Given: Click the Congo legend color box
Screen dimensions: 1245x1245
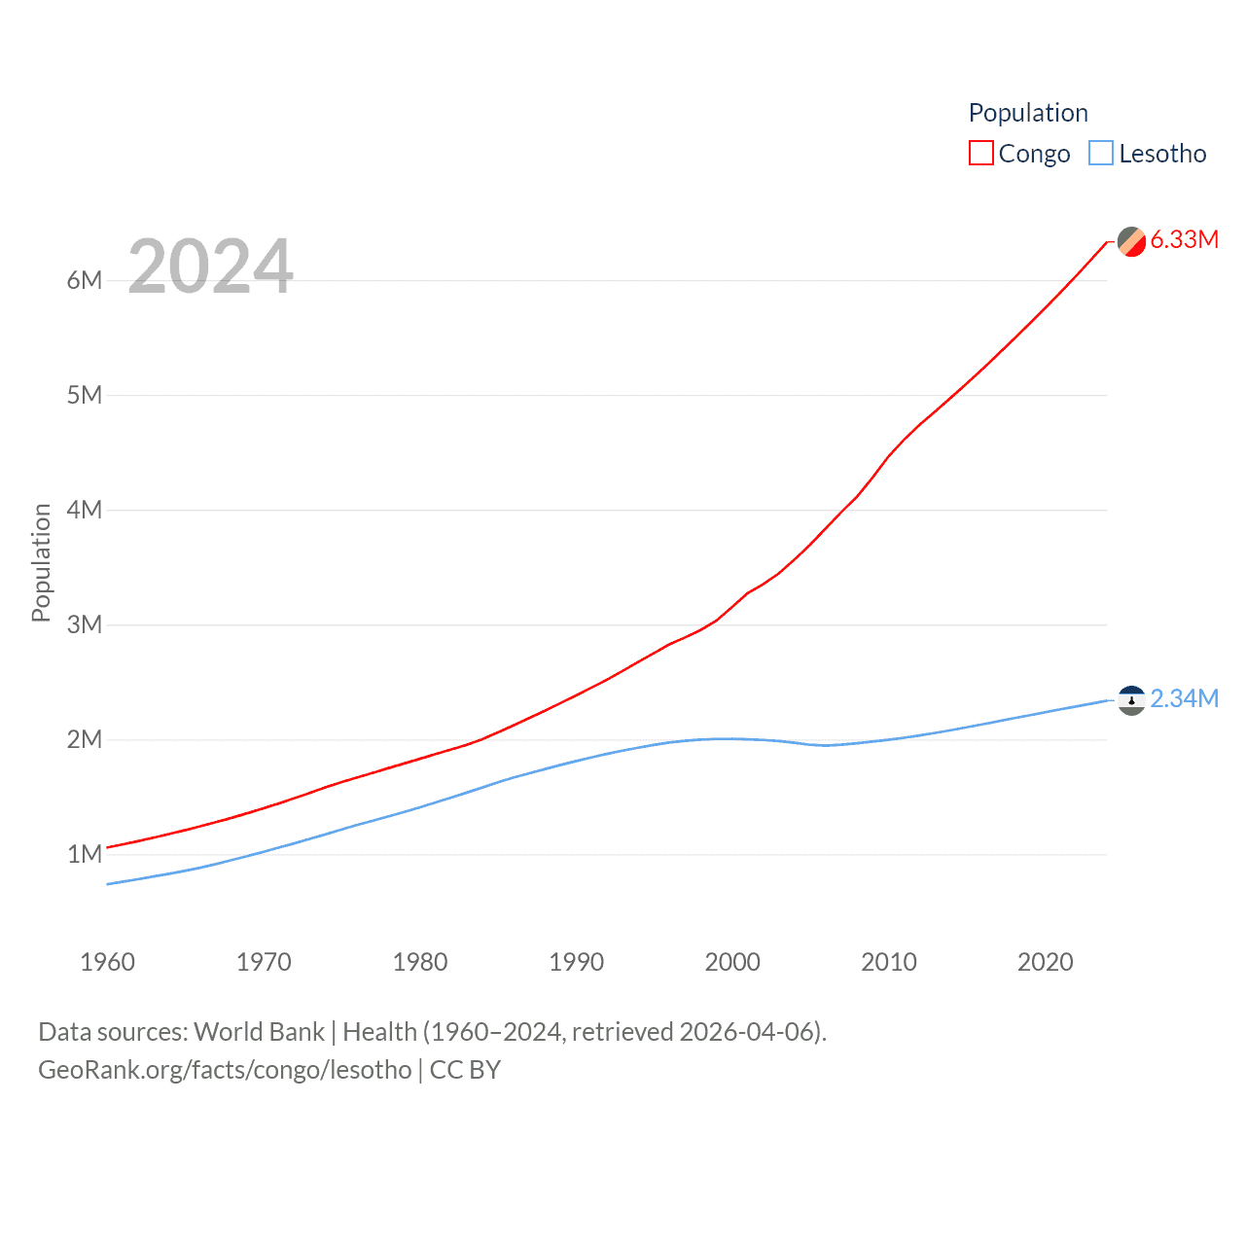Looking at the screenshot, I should click(x=981, y=154).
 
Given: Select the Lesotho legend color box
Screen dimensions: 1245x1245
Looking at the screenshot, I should click(x=1101, y=154).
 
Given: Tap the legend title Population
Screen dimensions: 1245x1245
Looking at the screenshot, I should click(x=1028, y=113).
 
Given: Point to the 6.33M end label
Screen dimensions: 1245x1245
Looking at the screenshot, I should click(x=1184, y=240).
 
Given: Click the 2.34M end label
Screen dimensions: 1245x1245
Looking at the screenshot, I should click(x=1184, y=699).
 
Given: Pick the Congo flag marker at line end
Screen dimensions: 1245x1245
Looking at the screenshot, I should click(x=1131, y=241).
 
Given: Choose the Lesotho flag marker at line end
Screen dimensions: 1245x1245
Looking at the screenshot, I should click(x=1131, y=700).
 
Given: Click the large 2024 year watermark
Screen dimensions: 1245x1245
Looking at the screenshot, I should click(x=210, y=267).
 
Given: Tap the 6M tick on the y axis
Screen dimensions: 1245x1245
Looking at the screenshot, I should click(x=85, y=281).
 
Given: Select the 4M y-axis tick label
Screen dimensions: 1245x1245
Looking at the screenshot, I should click(x=85, y=511).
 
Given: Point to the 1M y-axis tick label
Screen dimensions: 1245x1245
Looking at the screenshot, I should click(x=85, y=855).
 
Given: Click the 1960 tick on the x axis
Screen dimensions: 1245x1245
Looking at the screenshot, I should click(x=107, y=963).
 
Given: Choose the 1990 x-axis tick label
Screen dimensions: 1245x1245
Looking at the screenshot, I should click(x=576, y=963).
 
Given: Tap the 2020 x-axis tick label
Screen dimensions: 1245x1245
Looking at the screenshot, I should click(x=1045, y=963).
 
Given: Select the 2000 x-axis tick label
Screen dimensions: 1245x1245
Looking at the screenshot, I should click(x=732, y=963).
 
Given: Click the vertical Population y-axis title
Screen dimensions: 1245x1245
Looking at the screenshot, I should click(x=41, y=562).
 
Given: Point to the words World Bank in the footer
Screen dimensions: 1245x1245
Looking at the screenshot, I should click(x=259, y=1032).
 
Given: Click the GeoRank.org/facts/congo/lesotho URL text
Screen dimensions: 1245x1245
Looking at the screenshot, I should click(x=225, y=1070).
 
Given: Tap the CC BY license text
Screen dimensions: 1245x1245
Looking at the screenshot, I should click(x=465, y=1070).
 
